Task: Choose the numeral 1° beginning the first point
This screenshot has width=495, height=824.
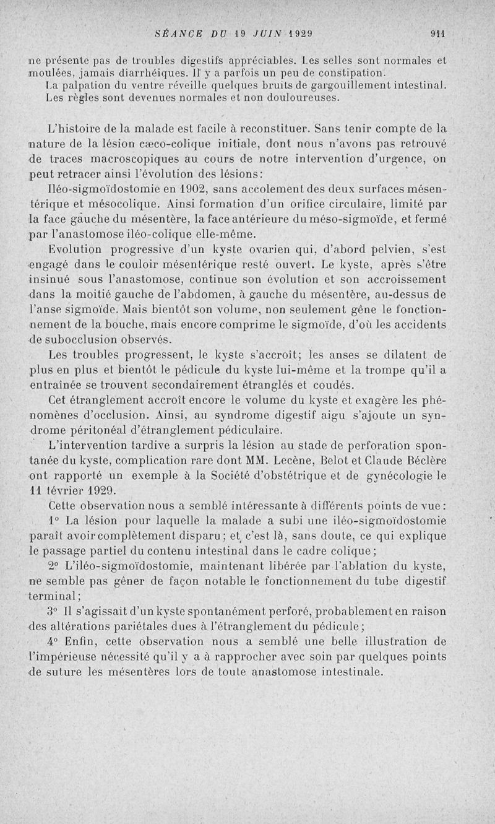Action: coord(54,519)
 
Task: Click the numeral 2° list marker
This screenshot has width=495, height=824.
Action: coord(54,566)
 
